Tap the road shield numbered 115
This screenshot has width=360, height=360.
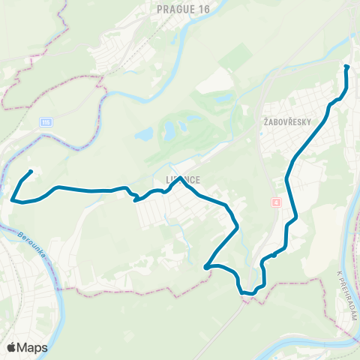pyautogui.click(x=48, y=121)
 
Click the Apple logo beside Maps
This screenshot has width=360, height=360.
pyautogui.click(x=12, y=347)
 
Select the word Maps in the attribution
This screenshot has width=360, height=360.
pyautogui.click(x=32, y=347)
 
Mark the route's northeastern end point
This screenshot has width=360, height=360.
pyautogui.click(x=346, y=67)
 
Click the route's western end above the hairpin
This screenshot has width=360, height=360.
pyautogui.click(x=31, y=172)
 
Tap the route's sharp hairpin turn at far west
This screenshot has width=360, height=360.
pyautogui.click(x=13, y=199)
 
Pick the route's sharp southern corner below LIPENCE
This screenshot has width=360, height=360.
pyautogui.click(x=205, y=265)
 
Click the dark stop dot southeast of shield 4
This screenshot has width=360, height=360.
pyautogui.click(x=274, y=255)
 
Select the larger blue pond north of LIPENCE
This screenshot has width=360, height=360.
pyautogui.click(x=170, y=130)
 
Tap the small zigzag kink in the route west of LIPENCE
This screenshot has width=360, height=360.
pyautogui.click(x=132, y=196)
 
